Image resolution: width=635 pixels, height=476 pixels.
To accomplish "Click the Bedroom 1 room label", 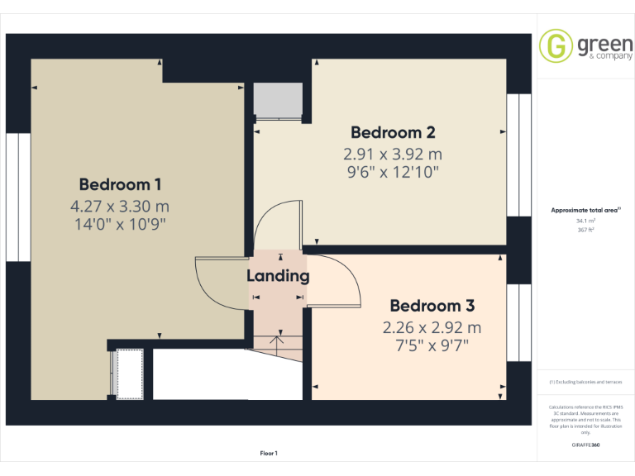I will click(120, 184).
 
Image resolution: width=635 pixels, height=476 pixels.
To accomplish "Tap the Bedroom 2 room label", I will click(393, 132).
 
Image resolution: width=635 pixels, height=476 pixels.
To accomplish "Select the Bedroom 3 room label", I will click(432, 306).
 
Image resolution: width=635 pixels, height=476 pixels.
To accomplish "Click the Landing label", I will click(278, 276).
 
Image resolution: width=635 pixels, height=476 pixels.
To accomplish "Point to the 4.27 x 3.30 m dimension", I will click(120, 206).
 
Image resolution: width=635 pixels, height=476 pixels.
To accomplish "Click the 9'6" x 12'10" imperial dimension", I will click(393, 172).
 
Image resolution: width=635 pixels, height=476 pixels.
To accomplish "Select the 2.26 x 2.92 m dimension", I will click(432, 327).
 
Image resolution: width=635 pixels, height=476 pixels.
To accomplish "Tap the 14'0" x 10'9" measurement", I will click(120, 224).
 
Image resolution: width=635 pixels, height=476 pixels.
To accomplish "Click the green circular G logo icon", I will click(556, 45).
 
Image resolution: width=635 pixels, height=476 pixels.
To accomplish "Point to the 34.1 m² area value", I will click(585, 221).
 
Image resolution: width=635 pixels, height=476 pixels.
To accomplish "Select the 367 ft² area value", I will click(585, 230).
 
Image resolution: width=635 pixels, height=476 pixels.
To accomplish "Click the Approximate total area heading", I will click(585, 211).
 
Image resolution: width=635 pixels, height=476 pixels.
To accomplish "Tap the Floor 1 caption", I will click(269, 453).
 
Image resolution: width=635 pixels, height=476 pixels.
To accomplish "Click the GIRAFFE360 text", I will click(585, 445).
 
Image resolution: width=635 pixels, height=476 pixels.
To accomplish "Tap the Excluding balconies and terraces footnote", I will click(585, 382).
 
